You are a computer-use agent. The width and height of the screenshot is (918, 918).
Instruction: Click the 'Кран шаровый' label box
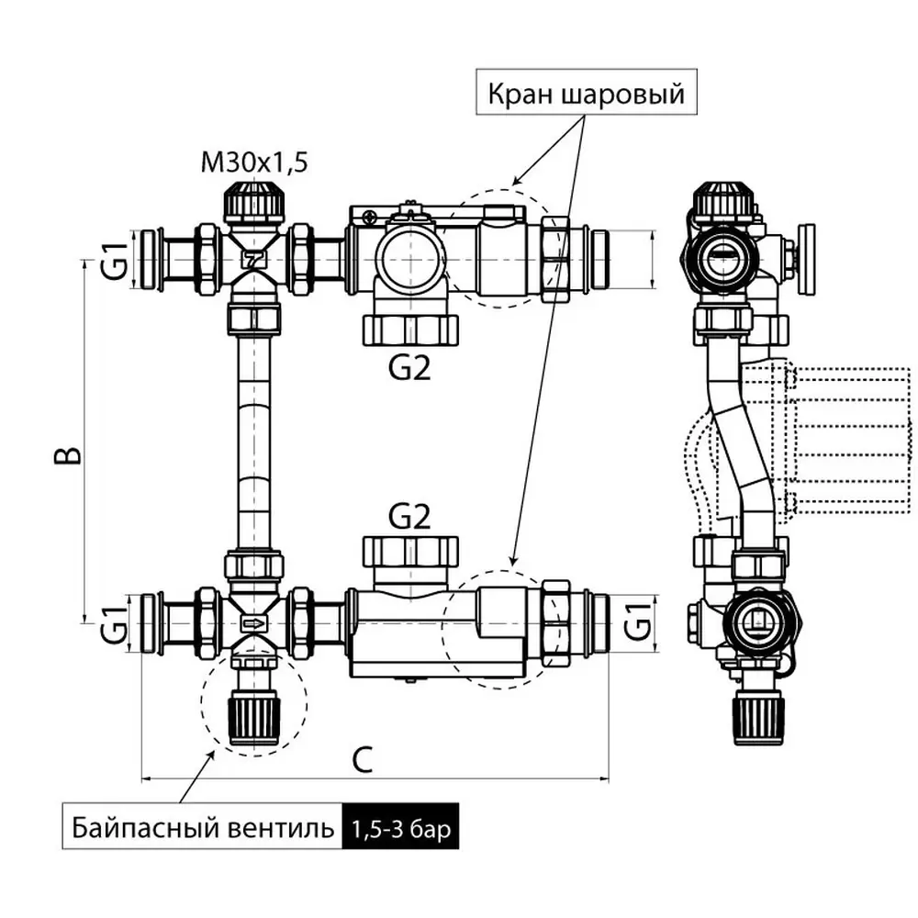pyautogui.click(x=586, y=94)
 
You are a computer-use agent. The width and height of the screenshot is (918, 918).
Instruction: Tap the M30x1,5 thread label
pyautogui.click(x=254, y=163)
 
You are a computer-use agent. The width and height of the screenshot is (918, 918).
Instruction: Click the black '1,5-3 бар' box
pyautogui.click(x=399, y=832)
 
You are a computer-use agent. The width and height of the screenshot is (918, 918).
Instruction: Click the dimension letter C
pyautogui.click(x=364, y=759)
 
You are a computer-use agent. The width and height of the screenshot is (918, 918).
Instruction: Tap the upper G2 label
pyautogui.click(x=409, y=367)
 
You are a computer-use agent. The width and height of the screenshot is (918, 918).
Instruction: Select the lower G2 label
pyautogui.click(x=409, y=517)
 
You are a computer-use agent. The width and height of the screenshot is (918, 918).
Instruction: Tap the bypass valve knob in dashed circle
pyautogui.click(x=253, y=716)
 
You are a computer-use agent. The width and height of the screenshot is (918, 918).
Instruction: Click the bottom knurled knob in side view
pyautogui.click(x=757, y=718)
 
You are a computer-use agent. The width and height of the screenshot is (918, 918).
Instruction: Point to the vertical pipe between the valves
pyautogui.click(x=253, y=441)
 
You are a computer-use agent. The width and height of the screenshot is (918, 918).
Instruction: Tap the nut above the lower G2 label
pyautogui.click(x=409, y=552)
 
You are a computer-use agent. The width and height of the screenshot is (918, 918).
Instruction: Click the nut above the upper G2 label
pyautogui.click(x=409, y=330)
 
